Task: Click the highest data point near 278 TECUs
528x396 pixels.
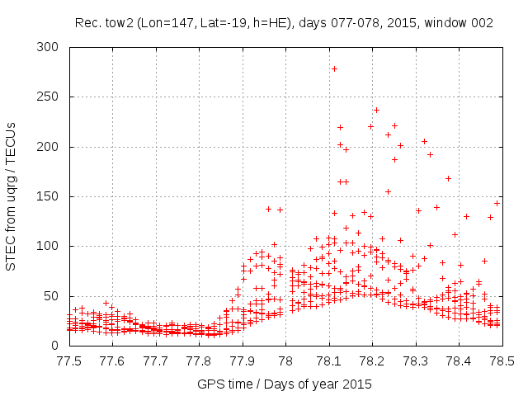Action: (334, 68)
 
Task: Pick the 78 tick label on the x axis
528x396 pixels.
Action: (285, 361)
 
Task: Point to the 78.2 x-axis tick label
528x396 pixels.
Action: (372, 361)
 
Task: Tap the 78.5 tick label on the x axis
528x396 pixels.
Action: (502, 361)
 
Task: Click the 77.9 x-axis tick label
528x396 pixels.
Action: (242, 361)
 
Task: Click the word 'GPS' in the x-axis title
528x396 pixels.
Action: (210, 385)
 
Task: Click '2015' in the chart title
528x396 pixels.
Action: (392, 23)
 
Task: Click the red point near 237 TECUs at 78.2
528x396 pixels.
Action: (376, 110)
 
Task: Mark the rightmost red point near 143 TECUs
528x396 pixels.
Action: (497, 203)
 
